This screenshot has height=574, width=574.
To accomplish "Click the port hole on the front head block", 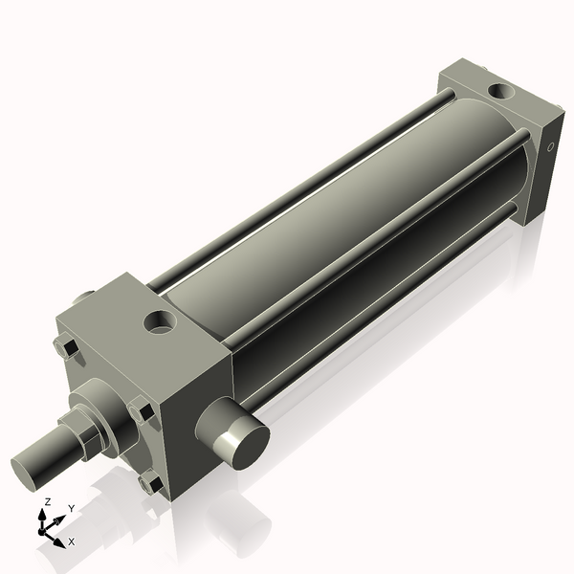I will pyautogui.click(x=160, y=322).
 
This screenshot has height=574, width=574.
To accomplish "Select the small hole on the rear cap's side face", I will pyautogui.click(x=551, y=147).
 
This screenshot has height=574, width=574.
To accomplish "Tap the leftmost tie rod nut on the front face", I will pyautogui.click(x=65, y=349).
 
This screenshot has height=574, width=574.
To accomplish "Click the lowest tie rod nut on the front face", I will pyautogui.click(x=149, y=485).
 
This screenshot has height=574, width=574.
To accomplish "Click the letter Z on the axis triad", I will pyautogui.click(x=47, y=502).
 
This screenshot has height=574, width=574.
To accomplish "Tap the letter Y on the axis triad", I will pyautogui.click(x=71, y=509).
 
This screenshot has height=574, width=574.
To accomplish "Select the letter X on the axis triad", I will pyautogui.click(x=71, y=541).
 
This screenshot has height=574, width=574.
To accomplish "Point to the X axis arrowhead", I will pyautogui.click(x=59, y=541).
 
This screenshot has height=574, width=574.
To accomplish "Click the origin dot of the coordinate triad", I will pyautogui.click(x=44, y=529).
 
